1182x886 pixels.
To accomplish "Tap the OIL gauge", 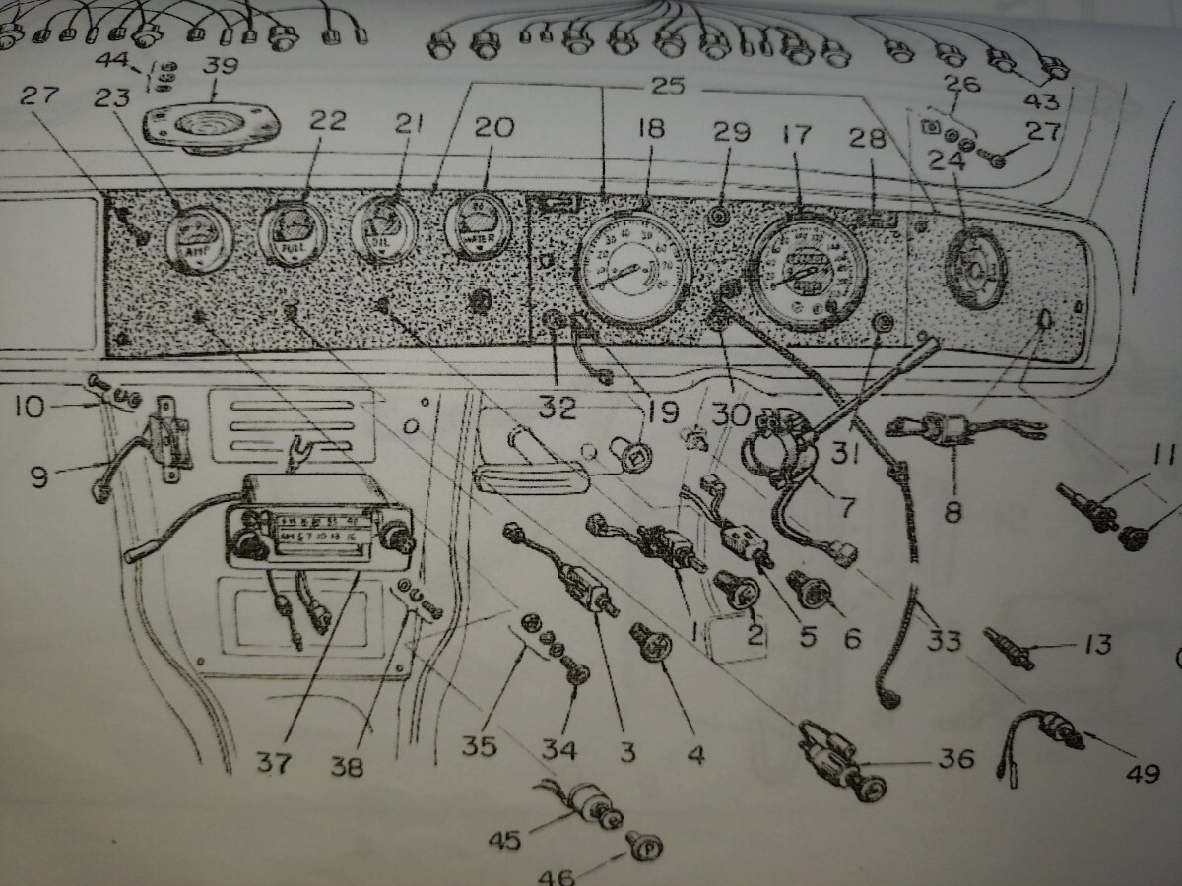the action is click(x=384, y=228).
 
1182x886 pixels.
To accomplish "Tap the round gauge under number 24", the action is click(x=974, y=267).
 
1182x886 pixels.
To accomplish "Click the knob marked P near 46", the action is click(x=644, y=846).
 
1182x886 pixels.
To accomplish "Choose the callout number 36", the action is click(x=955, y=758).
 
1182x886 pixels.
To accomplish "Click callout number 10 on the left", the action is click(x=30, y=406).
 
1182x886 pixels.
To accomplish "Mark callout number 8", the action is click(x=952, y=511).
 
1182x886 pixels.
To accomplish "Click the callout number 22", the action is click(x=328, y=121).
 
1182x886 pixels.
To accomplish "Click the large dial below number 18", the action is click(x=633, y=268).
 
